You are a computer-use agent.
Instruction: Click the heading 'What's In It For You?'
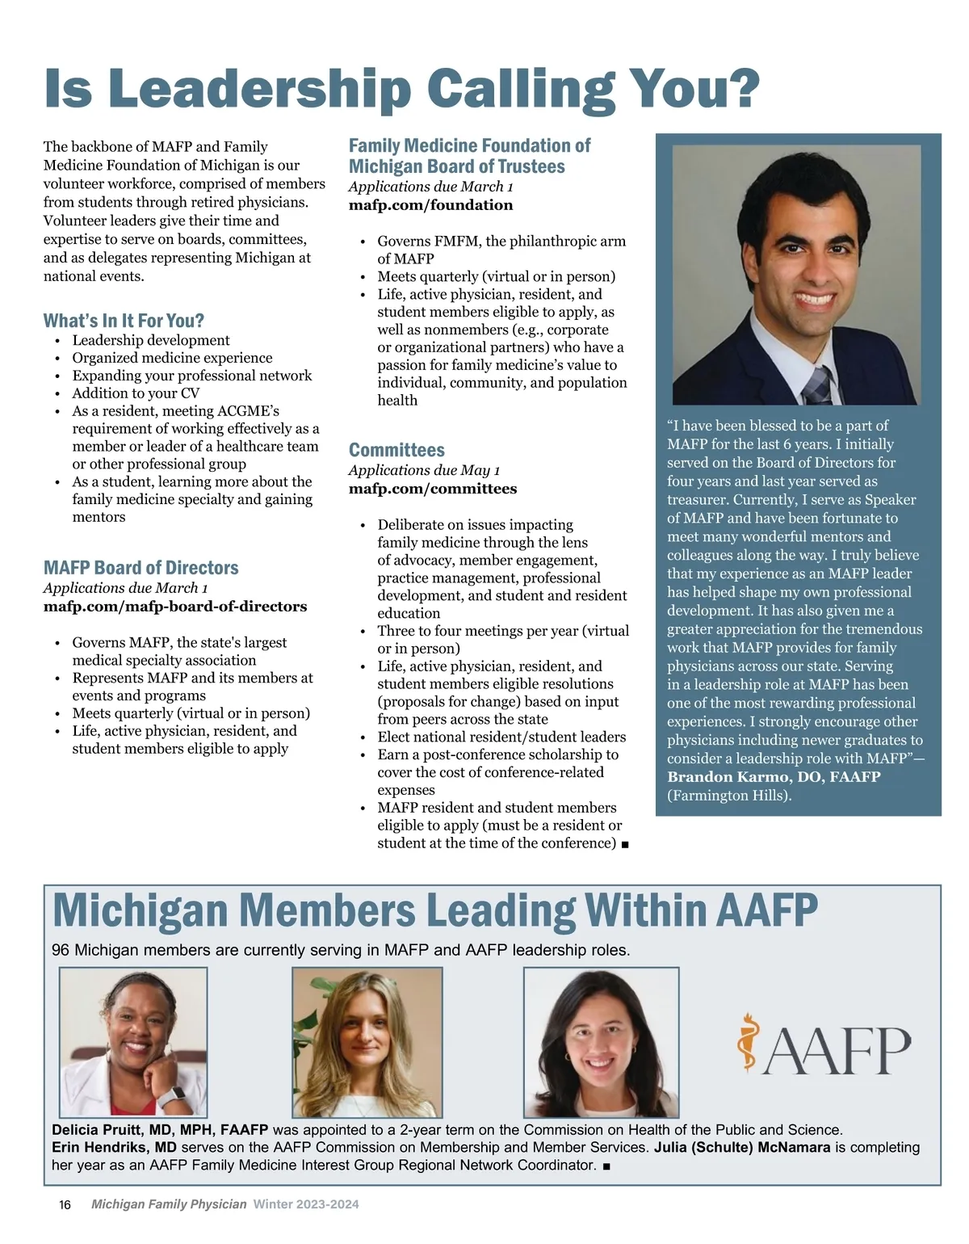pyautogui.click(x=124, y=321)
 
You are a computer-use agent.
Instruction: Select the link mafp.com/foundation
pyautogui.click(x=430, y=205)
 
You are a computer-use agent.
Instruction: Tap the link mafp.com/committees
pyautogui.click(x=433, y=489)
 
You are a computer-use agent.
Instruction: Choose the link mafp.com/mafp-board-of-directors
pyautogui.click(x=175, y=607)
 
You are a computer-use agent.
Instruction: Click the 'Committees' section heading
pyautogui.click(x=396, y=450)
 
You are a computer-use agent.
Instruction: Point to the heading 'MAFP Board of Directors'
pyautogui.click(x=141, y=568)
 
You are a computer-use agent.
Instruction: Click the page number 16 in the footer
pyautogui.click(x=65, y=1204)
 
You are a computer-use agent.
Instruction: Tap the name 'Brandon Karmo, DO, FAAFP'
pyautogui.click(x=773, y=777)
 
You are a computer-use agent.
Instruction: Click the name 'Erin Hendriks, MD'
pyautogui.click(x=114, y=1147)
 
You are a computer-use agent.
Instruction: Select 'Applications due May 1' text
pyautogui.click(x=424, y=470)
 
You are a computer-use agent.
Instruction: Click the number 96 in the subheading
pyautogui.click(x=61, y=950)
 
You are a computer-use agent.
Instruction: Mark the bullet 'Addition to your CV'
pyautogui.click(x=136, y=393)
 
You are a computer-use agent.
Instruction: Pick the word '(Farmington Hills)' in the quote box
pyautogui.click(x=729, y=796)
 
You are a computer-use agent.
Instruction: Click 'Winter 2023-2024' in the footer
pyautogui.click(x=306, y=1204)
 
